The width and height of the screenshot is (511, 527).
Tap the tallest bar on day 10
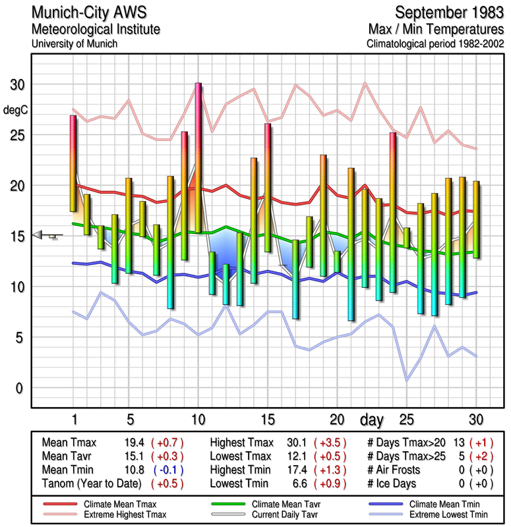198,158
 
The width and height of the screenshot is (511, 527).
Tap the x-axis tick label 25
407,419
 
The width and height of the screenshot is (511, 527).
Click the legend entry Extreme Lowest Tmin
431,514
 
